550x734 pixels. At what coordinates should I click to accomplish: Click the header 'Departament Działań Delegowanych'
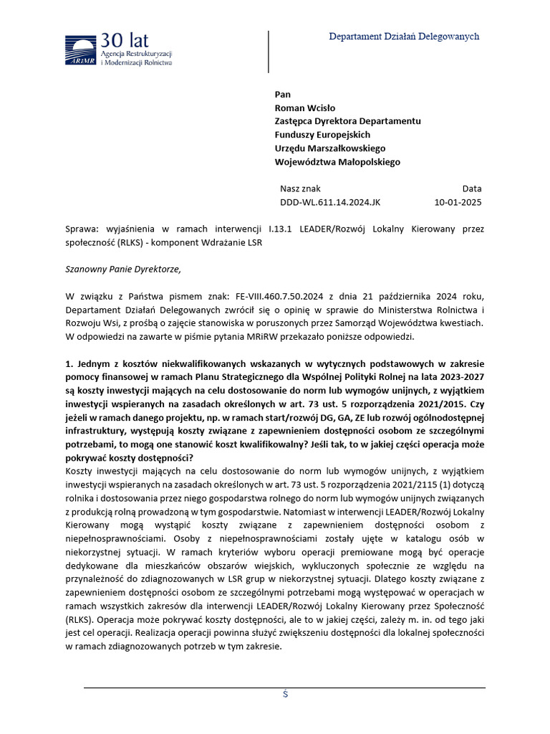pyautogui.click(x=404, y=37)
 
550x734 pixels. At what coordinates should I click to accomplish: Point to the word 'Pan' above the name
pyautogui.click(x=283, y=95)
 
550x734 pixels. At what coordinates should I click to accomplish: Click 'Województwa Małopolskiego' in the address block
pyautogui.click(x=337, y=162)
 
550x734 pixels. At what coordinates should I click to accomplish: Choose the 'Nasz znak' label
pyautogui.click(x=301, y=189)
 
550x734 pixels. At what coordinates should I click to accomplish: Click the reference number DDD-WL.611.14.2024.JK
pyautogui.click(x=330, y=202)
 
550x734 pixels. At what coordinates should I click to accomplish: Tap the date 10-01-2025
pyautogui.click(x=458, y=202)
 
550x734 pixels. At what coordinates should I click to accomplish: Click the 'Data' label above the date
pyautogui.click(x=471, y=189)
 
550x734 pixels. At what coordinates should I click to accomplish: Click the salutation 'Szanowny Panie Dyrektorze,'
pyautogui.click(x=124, y=270)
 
